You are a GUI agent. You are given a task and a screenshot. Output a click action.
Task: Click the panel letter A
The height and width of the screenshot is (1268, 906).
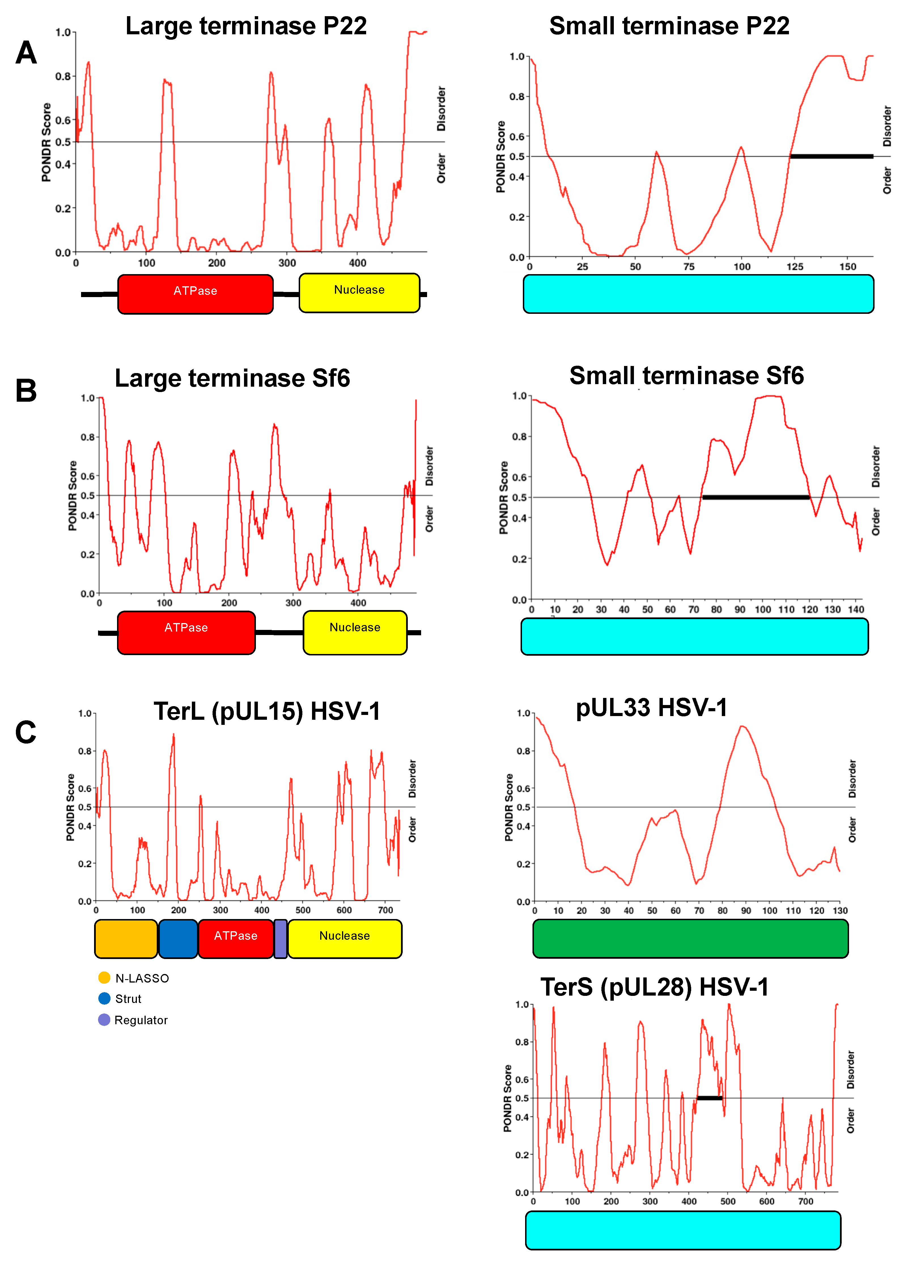click(26, 54)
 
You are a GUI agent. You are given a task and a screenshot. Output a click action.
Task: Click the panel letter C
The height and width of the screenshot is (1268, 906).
click(26, 732)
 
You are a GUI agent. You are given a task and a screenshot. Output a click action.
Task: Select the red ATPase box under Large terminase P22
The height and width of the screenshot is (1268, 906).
click(195, 294)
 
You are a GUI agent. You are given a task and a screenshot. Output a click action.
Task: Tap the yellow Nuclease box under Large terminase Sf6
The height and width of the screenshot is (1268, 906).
click(355, 632)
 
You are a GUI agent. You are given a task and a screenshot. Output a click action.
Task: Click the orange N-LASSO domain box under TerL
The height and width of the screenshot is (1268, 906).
click(126, 939)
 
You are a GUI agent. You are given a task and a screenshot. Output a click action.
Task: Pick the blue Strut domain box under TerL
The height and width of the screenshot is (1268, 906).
click(178, 939)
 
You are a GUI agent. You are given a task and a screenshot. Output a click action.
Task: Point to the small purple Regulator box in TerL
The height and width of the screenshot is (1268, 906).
click(281, 939)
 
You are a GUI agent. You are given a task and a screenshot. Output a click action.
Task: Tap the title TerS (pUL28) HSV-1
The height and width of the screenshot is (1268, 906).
click(654, 987)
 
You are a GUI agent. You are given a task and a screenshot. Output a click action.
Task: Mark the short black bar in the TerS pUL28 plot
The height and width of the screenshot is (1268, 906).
click(710, 1098)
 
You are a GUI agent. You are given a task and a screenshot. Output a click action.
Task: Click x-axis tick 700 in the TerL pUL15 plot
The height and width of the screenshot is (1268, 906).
click(385, 910)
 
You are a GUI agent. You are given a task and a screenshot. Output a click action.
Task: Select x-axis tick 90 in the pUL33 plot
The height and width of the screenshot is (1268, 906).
click(746, 911)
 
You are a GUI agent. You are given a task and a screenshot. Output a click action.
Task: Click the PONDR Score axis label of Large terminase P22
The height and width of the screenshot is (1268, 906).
click(46, 142)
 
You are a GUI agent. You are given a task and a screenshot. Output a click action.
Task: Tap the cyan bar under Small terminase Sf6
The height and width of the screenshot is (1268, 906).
click(695, 636)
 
